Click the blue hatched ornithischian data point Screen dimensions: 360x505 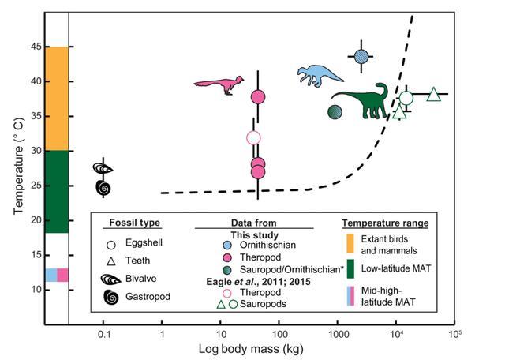(361, 56)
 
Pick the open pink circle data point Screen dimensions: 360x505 (253, 138)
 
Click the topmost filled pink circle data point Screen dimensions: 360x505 (257, 97)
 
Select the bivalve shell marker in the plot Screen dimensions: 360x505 (103, 169)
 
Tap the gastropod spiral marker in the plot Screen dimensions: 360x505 (103, 187)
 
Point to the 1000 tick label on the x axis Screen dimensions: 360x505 (339, 334)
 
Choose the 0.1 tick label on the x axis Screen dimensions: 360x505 (103, 334)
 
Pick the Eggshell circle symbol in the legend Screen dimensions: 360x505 (112, 244)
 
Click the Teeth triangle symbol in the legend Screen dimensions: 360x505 (112, 261)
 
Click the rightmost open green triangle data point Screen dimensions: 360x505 (433, 95)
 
